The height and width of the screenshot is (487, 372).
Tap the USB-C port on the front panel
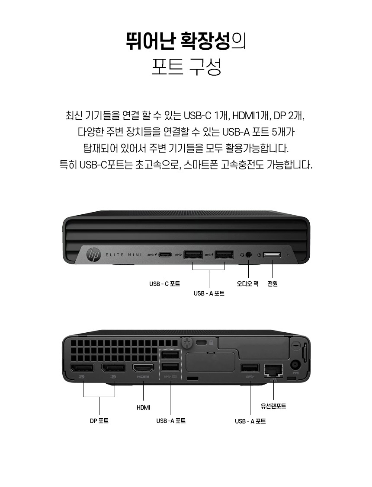point(165,255)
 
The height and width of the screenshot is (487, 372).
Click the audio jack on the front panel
point(248,255)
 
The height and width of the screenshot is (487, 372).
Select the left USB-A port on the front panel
point(193,255)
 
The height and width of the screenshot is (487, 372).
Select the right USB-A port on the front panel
point(224,255)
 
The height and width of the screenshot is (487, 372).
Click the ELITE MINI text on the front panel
point(124,255)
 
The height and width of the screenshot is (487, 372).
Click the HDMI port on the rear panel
point(143,368)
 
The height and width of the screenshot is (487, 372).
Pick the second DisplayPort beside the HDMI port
point(113,368)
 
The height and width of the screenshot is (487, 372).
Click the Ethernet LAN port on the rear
point(273,369)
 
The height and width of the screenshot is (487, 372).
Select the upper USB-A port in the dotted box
point(170,355)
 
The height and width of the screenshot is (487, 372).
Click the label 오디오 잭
point(248,283)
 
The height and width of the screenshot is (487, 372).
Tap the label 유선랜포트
point(273,406)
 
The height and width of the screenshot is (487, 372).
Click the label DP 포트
point(99,421)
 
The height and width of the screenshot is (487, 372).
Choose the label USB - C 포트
point(165,283)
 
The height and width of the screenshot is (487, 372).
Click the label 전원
point(273,283)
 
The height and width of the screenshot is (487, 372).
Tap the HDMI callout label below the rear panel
point(143,407)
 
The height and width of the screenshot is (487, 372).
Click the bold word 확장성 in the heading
point(206,41)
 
